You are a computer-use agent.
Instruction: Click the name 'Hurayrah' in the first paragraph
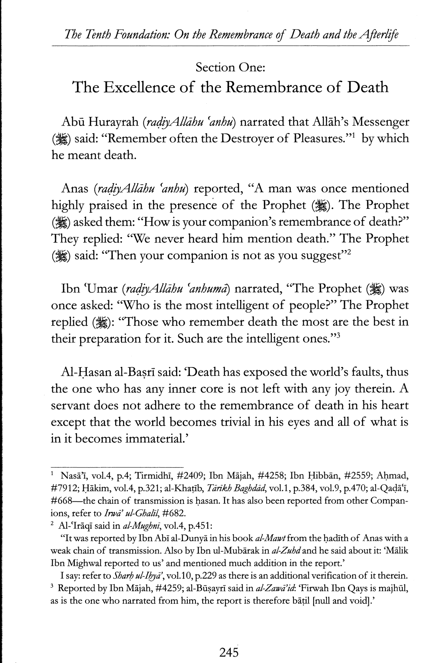tap(114, 122)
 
